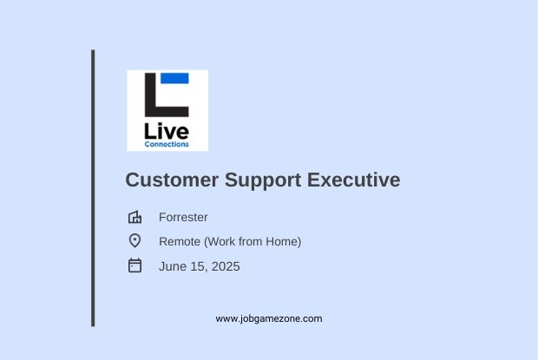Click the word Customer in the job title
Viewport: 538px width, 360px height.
(172, 180)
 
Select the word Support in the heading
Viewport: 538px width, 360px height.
(263, 180)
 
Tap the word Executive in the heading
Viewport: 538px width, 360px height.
(353, 180)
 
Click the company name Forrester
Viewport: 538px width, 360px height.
(183, 218)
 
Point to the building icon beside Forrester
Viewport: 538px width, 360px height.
(134, 217)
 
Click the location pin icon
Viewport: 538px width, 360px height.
(134, 240)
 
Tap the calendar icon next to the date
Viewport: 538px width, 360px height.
(134, 265)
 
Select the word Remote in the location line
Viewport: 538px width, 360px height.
(180, 242)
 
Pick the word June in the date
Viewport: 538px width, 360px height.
(170, 266)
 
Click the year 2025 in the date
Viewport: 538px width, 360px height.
(226, 266)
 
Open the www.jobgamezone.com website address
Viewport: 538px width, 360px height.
(269, 319)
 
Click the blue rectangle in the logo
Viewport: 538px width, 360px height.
(174, 78)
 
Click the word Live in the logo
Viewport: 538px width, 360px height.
(167, 131)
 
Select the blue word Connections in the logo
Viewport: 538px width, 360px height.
(167, 144)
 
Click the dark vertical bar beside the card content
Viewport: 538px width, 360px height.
(93, 188)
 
